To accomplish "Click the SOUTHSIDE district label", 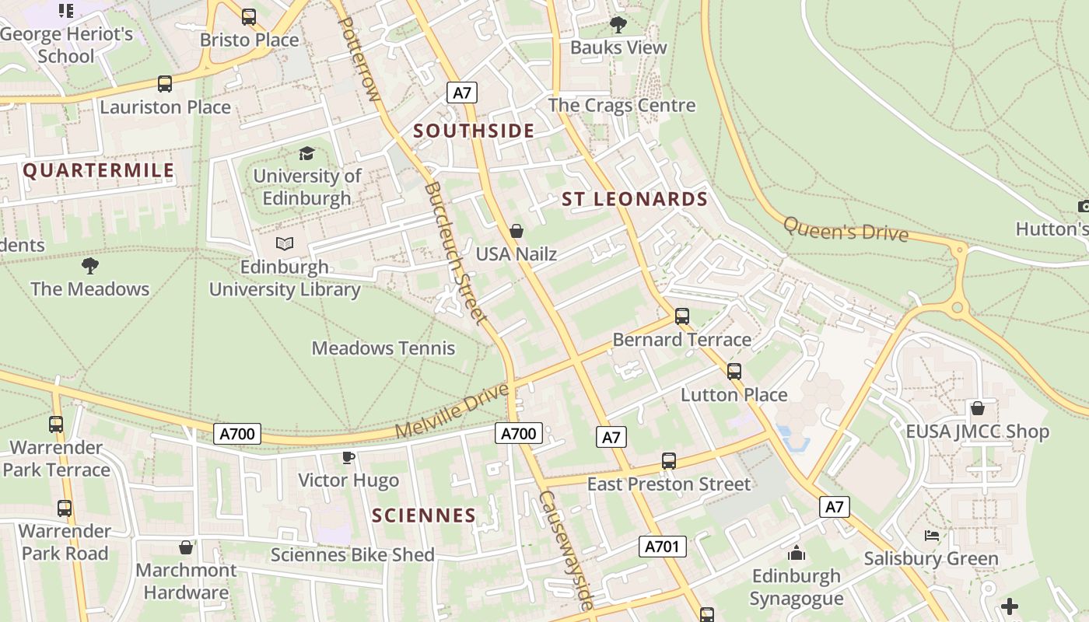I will (474, 131).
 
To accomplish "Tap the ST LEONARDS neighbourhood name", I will (635, 199).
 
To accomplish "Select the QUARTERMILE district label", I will (99, 171).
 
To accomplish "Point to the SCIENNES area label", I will (423, 515).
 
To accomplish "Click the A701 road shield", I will (663, 547).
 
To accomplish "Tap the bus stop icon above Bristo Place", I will (249, 16).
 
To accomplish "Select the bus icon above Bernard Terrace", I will (682, 316).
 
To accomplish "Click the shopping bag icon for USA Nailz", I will (516, 231).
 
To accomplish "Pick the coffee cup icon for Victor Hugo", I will (348, 457).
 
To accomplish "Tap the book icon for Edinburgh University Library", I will (285, 244).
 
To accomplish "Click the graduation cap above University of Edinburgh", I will (307, 153).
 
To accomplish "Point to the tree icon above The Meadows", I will (90, 266).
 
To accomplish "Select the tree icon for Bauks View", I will (618, 25).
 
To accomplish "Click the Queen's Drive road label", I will (846, 229).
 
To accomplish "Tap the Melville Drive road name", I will (452, 410).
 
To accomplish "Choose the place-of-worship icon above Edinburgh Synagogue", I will (797, 554).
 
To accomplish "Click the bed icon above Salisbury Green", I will (931, 536).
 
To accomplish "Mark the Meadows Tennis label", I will (383, 348).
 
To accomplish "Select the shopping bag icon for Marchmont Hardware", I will (186, 547).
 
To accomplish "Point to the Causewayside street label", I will (567, 550).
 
